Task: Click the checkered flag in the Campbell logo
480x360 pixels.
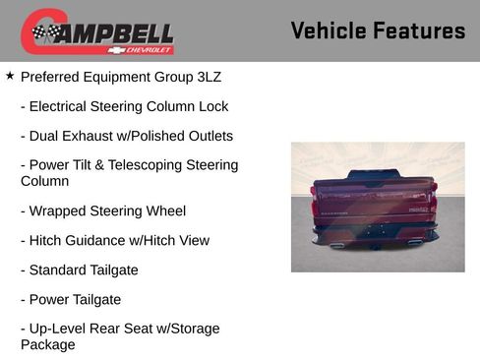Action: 44,33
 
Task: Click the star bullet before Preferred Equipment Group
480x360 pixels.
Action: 10,75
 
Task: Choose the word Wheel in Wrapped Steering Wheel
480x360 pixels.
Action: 165,210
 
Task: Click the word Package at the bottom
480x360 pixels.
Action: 47,345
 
